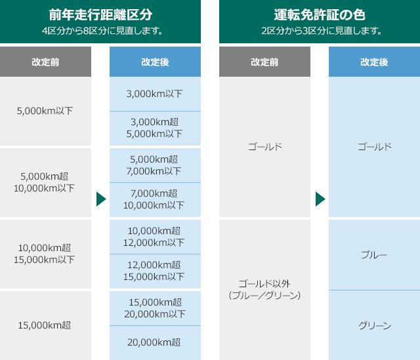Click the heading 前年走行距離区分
(100, 14)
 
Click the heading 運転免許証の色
(320, 14)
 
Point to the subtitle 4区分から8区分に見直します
(102, 31)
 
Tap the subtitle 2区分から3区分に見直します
(322, 31)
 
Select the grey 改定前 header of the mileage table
(45, 62)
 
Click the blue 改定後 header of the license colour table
(374, 62)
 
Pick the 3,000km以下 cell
(155, 94)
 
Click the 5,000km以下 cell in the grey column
(45, 111)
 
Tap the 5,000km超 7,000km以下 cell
(155, 165)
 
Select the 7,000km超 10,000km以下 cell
(155, 200)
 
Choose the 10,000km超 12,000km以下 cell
(155, 237)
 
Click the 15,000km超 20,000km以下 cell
(155, 308)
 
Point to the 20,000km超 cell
(155, 343)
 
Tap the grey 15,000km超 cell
(45, 325)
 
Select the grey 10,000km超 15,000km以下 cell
(45, 254)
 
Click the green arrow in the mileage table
(101, 199)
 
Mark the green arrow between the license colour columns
(320, 199)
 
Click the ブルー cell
(374, 255)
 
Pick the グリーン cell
(374, 325)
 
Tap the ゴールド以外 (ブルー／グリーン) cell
(264, 290)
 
